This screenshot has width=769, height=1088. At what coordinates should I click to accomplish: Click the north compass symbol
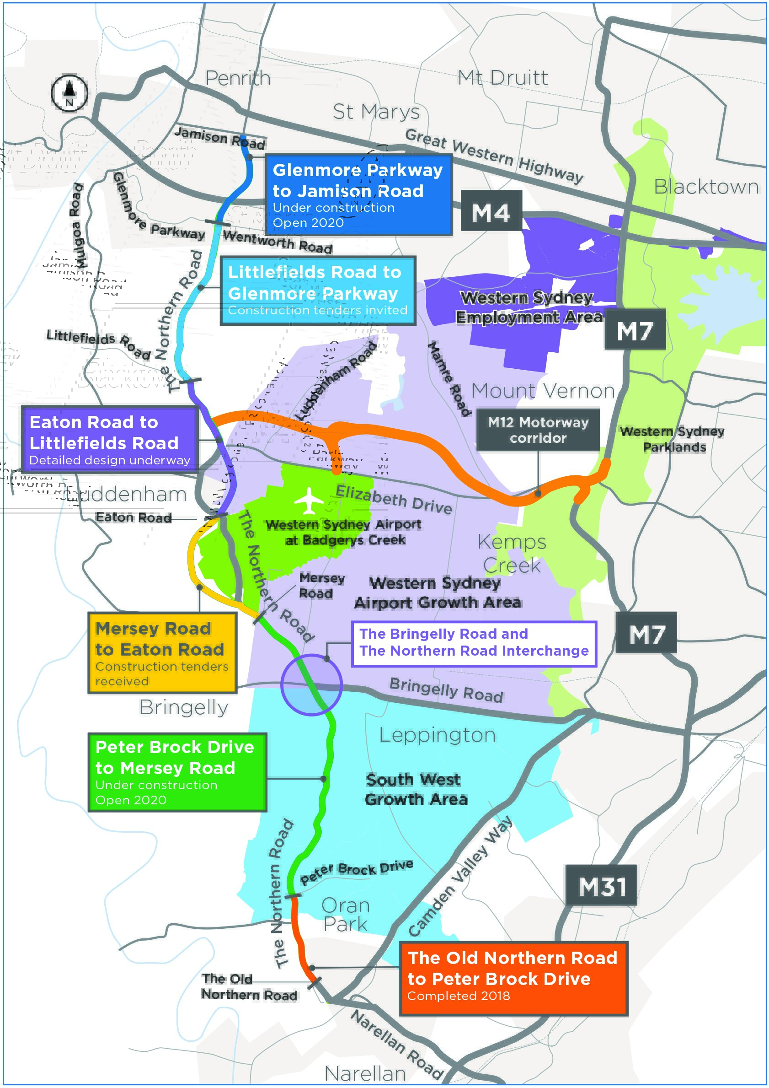point(69,93)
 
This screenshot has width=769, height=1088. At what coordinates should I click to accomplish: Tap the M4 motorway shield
point(491,211)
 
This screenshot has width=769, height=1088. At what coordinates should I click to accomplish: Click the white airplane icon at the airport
point(309,501)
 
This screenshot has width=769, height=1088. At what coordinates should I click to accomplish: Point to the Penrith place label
point(238,78)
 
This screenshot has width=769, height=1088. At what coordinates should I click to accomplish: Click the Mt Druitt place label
point(502,78)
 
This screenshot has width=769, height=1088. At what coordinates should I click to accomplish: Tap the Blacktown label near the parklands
point(706,187)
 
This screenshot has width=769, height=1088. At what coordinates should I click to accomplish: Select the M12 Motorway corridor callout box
point(538,430)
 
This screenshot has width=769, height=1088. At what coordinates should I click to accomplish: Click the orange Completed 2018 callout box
point(514,978)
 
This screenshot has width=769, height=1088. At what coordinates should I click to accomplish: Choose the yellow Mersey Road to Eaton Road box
point(162,652)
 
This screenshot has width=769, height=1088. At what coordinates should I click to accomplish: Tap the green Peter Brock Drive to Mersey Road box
point(177,772)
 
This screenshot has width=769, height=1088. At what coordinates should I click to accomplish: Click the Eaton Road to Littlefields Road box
point(109,439)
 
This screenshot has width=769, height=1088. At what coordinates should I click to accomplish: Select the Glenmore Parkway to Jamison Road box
point(358,195)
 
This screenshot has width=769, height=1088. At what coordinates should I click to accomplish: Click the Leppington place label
point(438,735)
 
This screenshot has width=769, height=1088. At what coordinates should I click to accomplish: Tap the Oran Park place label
point(346,914)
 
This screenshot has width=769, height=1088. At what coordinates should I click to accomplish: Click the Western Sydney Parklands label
point(673,439)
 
